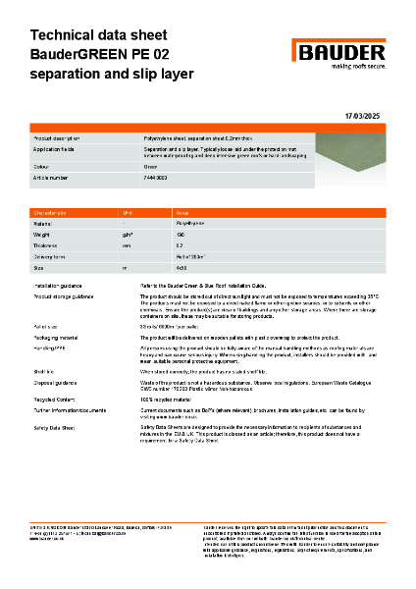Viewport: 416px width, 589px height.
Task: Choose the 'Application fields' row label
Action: click(55, 151)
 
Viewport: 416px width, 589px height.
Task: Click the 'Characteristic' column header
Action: click(51, 212)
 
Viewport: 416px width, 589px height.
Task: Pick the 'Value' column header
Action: click(182, 212)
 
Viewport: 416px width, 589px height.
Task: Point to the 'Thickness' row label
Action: click(47, 245)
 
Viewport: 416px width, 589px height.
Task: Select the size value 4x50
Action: click(181, 267)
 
